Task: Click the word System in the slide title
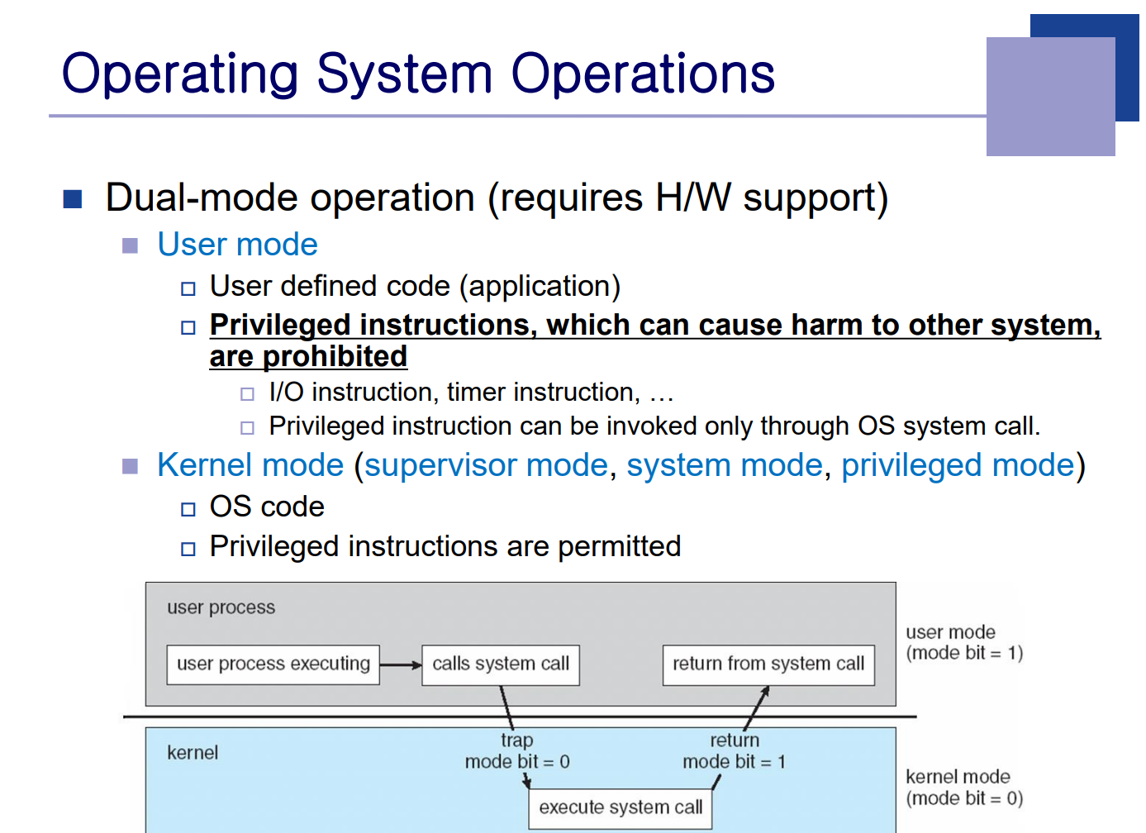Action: pos(404,74)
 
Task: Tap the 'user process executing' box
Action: pos(273,664)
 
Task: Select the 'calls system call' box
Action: pos(501,664)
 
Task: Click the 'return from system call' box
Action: pos(768,664)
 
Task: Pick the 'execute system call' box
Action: pos(620,808)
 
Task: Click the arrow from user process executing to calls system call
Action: pos(401,665)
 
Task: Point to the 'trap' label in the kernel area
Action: pos(516,740)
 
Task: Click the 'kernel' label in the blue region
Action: pos(193,753)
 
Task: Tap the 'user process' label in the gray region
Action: pos(221,607)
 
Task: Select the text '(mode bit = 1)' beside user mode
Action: pos(964,653)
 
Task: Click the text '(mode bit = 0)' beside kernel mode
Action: pos(964,798)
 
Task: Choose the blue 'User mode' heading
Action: pos(237,244)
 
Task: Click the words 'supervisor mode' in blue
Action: pos(486,465)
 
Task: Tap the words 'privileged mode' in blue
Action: pos(958,465)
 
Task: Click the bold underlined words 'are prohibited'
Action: pos(308,357)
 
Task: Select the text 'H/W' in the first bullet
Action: pos(693,198)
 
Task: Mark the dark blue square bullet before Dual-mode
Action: pos(73,199)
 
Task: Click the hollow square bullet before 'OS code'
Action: pos(188,509)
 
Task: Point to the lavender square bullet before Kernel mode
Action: pos(130,466)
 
